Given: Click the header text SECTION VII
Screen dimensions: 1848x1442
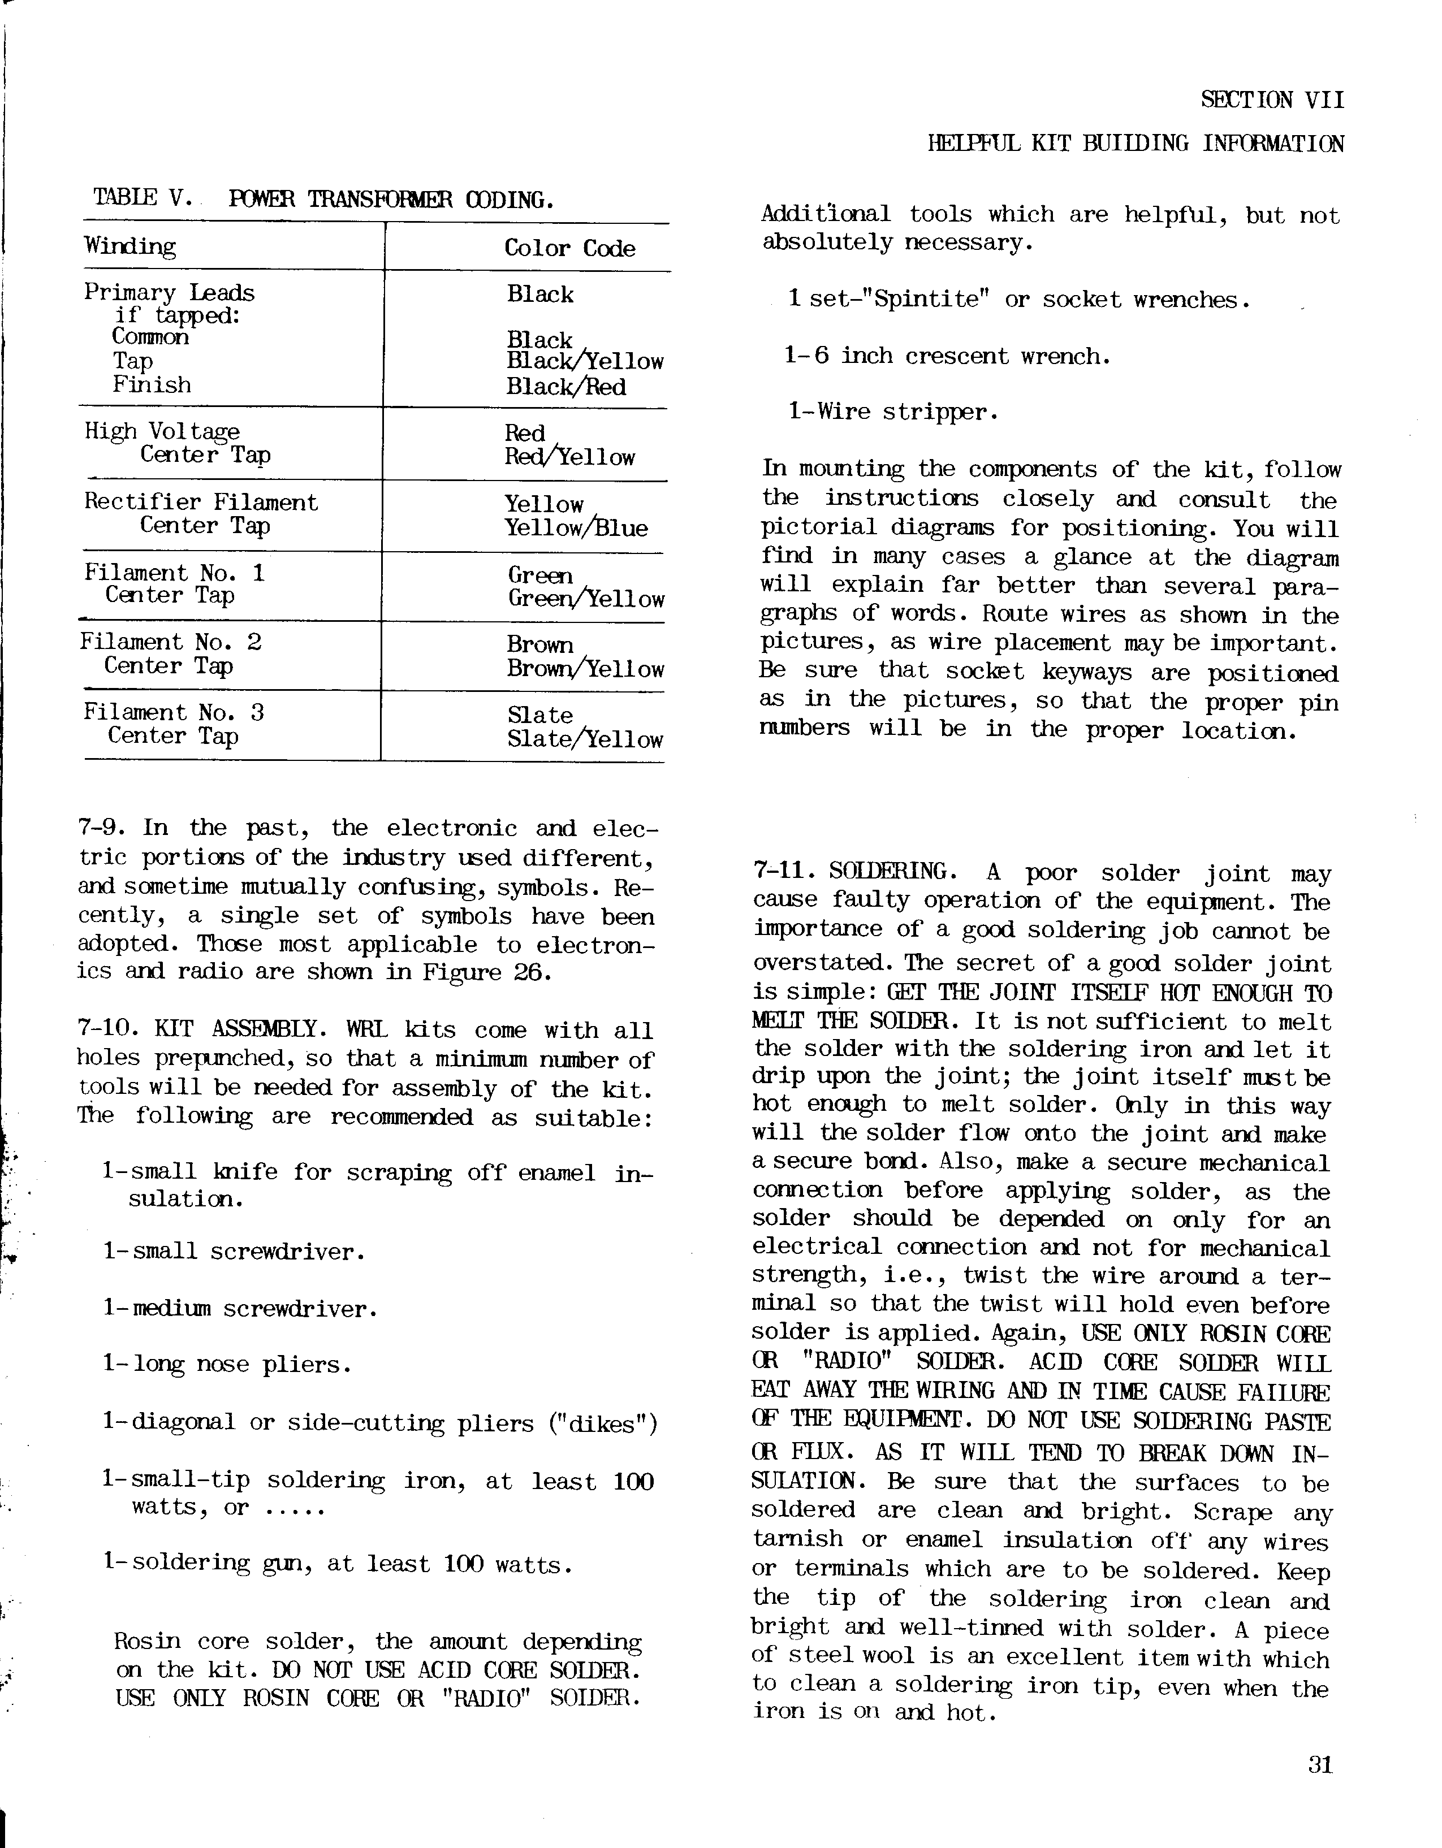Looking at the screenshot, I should click(x=1272, y=100).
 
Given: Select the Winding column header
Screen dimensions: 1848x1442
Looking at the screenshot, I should click(x=130, y=246).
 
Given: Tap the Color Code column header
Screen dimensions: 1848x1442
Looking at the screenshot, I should click(x=569, y=248).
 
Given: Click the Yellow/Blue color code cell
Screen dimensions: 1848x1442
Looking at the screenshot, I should click(x=576, y=528).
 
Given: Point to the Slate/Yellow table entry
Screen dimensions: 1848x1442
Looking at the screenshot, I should click(x=585, y=739).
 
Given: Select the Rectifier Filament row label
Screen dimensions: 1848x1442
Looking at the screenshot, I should click(x=201, y=502).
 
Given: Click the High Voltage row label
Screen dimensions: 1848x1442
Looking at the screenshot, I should click(x=162, y=431).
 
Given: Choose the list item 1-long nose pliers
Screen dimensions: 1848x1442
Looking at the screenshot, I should click(x=227, y=1364).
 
